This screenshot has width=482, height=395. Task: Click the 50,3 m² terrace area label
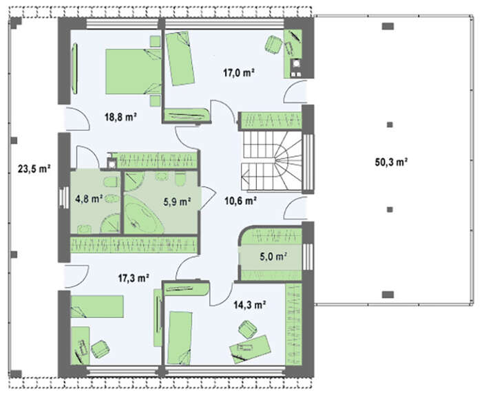point(391,162)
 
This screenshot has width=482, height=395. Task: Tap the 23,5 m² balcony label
point(34,169)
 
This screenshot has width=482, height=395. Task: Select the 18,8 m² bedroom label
point(120,117)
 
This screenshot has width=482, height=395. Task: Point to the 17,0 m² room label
point(238,73)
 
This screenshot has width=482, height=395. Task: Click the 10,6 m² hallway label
point(241,201)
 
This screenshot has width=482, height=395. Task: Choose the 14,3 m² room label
point(249,305)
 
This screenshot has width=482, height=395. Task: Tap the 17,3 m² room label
point(134,278)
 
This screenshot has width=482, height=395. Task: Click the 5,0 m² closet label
point(273,256)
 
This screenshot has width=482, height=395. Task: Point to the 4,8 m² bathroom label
point(89,199)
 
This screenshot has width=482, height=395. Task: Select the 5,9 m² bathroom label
point(178,202)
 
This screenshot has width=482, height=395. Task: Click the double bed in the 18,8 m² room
point(134,72)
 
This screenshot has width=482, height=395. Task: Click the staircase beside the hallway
point(271,161)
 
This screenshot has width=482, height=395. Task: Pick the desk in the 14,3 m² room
point(250,349)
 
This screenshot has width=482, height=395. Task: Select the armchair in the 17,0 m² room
point(273,45)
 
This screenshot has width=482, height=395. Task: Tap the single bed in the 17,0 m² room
point(180,58)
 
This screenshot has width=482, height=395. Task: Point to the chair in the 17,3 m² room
point(100,349)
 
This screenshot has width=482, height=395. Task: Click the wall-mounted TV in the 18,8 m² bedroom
point(74,69)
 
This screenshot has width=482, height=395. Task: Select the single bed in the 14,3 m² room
point(180,338)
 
